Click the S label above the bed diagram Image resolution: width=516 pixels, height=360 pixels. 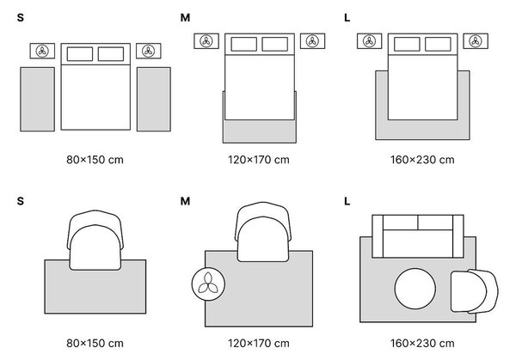21,17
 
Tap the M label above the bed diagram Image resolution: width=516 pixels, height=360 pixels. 185,17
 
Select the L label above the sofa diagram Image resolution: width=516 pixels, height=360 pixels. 347,201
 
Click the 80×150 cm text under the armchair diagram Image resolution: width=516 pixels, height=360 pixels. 95,343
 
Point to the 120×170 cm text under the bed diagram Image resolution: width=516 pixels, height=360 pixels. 259,160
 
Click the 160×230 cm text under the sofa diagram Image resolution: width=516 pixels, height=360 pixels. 422,343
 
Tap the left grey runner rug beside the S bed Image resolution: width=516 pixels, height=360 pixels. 38,100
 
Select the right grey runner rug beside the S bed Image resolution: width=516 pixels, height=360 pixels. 154,100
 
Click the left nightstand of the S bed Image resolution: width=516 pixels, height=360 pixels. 42,51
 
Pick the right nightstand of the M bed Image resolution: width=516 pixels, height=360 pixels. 313,41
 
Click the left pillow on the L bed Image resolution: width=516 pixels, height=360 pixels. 407,44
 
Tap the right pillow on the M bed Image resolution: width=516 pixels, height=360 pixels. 275,44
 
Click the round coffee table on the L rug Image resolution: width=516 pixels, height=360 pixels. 415,289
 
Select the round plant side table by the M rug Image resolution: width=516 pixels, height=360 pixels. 209,284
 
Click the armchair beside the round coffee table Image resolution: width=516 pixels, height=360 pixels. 474,291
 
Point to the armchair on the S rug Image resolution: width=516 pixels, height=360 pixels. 95,240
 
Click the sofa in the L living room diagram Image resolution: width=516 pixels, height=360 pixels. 418,236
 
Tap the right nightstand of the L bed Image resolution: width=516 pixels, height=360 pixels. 476,41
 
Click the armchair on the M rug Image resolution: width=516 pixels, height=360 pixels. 263,232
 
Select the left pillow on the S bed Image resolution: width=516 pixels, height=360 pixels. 80,54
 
